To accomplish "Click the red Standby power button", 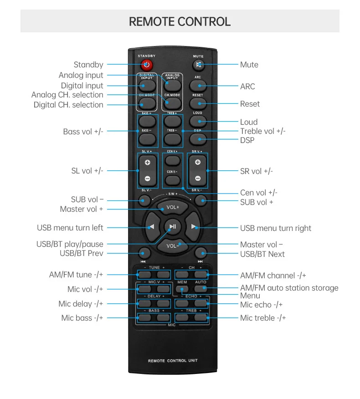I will click(146, 65).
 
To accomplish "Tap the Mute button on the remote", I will click(198, 65).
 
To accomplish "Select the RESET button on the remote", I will click(198, 103).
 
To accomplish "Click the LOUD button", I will click(198, 121).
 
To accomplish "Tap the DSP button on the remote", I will click(198, 138).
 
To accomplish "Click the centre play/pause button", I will click(173, 226).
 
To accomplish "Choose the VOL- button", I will click(173, 246).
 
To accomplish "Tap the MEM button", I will click(182, 289).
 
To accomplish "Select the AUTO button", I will click(201, 289).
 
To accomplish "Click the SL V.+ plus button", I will click(148, 163).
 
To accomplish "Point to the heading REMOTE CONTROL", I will click(180, 21).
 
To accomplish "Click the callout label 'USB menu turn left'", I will click(70, 228).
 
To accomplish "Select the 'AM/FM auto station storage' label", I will click(289, 288).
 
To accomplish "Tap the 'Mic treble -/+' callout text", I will click(263, 318).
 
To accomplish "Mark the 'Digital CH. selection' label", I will click(68, 105).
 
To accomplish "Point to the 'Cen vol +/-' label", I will click(259, 193).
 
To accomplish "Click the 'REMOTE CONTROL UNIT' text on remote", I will click(173, 361).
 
